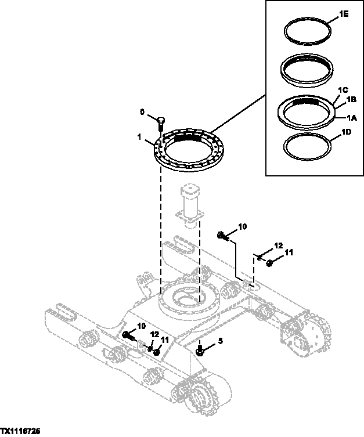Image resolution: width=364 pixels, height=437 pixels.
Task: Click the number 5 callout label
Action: pyautogui.click(x=220, y=341)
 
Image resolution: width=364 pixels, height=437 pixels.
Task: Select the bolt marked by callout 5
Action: pyautogui.click(x=200, y=351)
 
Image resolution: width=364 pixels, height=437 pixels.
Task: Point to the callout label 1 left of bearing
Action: pyautogui.click(x=139, y=139)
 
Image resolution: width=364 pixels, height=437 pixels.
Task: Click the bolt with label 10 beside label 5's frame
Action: pyautogui.click(x=128, y=335)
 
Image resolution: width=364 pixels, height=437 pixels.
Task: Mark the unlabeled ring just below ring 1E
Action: pyautogui.click(x=306, y=70)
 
